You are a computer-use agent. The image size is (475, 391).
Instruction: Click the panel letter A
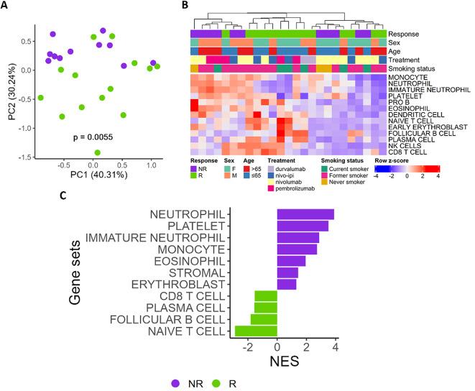[5, 6]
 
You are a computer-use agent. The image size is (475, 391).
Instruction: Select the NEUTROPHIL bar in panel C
[305, 214]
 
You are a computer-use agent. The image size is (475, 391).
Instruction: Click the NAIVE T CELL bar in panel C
[256, 331]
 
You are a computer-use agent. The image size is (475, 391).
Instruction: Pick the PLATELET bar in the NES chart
[303, 226]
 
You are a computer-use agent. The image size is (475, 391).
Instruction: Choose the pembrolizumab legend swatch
[272, 188]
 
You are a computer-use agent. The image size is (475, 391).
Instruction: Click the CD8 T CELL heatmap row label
[407, 152]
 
